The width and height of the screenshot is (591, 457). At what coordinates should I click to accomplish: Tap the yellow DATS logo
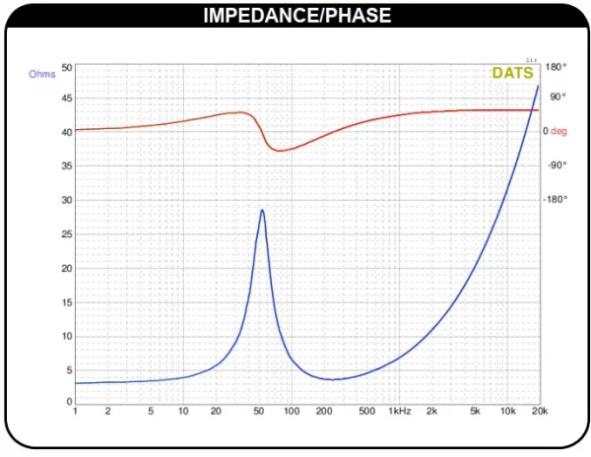(x=513, y=73)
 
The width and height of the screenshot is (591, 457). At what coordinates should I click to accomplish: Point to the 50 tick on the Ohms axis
(x=67, y=68)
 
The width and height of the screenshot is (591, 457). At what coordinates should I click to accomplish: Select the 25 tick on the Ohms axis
(x=67, y=234)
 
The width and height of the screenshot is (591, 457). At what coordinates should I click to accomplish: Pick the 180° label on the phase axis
(x=557, y=67)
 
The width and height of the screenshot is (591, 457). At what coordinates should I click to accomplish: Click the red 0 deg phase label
(x=557, y=131)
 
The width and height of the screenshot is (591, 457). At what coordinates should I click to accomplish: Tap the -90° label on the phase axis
(x=557, y=164)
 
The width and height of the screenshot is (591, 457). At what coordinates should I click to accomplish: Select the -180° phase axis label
(x=557, y=199)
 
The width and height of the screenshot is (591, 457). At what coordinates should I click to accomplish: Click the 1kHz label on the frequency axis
(x=399, y=411)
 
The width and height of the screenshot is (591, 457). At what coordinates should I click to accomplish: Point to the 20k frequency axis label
(x=539, y=411)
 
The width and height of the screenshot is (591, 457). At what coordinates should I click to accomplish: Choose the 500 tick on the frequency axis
(x=366, y=411)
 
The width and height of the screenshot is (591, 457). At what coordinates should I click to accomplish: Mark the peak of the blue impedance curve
(x=262, y=210)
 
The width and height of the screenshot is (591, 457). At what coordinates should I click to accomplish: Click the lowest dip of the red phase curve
(x=281, y=151)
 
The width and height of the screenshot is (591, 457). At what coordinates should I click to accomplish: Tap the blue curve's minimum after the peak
(x=334, y=379)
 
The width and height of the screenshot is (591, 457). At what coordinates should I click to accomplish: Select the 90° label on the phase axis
(x=557, y=97)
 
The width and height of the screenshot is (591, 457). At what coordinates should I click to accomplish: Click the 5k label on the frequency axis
(x=474, y=411)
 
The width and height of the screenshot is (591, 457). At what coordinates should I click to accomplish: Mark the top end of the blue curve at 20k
(x=538, y=86)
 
